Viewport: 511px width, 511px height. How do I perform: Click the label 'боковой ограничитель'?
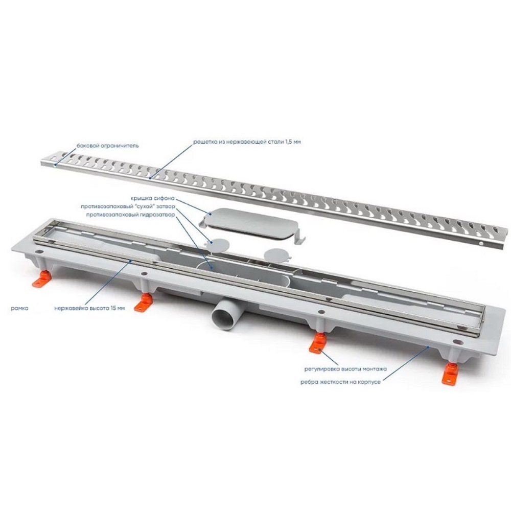coord(107,145)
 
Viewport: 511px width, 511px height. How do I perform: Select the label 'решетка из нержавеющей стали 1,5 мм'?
coord(247,142)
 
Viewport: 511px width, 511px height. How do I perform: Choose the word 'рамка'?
coord(19,308)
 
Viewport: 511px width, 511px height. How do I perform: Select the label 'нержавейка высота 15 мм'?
coord(89,308)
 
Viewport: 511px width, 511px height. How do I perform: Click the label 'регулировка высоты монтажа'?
coord(345,369)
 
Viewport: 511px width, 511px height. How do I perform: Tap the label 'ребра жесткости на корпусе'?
coord(340,382)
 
